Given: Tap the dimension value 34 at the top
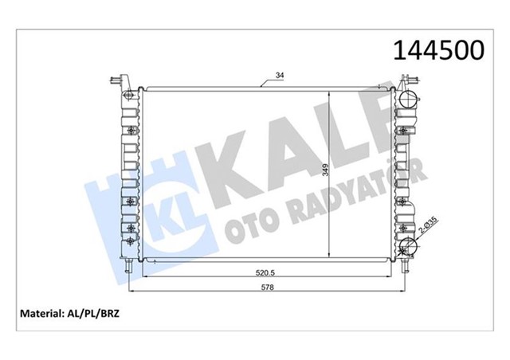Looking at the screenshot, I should click(279, 76).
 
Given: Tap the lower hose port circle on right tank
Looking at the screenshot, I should click(408, 246).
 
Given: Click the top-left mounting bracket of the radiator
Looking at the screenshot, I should click(119, 80).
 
